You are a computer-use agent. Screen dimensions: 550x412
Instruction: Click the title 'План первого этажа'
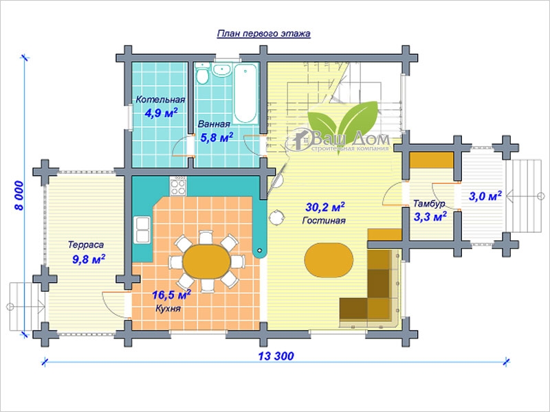pos(264,34)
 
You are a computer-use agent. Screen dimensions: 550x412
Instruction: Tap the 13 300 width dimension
pos(276,356)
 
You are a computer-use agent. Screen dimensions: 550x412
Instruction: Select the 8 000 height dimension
pos(19,196)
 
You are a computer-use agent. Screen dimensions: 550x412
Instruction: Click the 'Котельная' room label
pos(160,100)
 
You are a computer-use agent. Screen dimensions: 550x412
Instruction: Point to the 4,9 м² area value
pos(161,113)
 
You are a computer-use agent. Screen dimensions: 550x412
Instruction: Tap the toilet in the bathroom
pos(202,74)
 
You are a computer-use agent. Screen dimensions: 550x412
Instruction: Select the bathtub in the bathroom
pos(245,93)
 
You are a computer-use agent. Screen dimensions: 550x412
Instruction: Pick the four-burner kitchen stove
pos(178,185)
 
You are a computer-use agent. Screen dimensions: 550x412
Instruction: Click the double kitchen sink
pos(142,230)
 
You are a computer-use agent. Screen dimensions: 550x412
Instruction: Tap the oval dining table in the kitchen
pos(207,262)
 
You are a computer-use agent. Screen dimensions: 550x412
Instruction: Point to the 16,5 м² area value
pos(171,295)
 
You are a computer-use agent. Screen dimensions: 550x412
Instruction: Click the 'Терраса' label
pos(86,244)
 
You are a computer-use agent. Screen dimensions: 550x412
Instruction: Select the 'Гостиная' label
pos(324,220)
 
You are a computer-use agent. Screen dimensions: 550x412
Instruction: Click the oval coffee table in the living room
pos(329,260)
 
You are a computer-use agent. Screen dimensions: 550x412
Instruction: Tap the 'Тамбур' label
pos(429,203)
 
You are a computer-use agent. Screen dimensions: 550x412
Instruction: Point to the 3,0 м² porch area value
pos(485,196)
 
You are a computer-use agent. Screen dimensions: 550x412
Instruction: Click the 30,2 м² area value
pos(325,207)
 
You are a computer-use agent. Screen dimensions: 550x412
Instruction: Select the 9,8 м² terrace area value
pos(89,260)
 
